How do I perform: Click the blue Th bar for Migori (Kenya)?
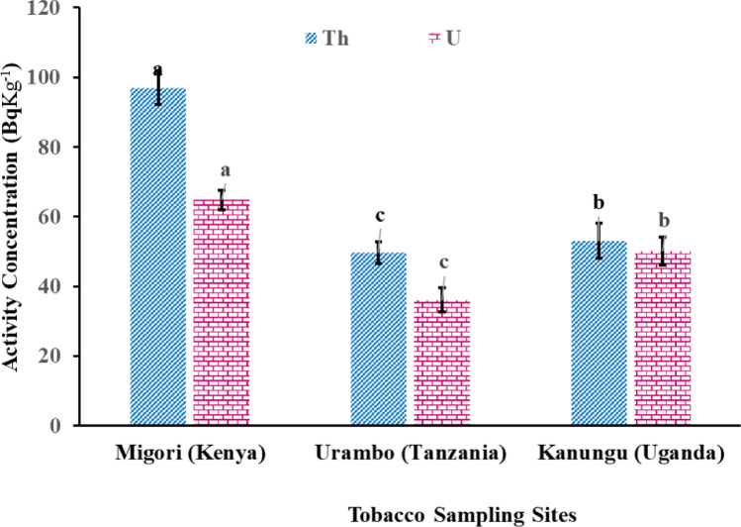click(x=158, y=258)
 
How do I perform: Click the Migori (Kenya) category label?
click(x=190, y=455)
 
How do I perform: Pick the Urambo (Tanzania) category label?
click(x=411, y=455)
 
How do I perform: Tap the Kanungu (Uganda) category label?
click(x=630, y=455)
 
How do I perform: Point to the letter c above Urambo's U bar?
click(x=444, y=263)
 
